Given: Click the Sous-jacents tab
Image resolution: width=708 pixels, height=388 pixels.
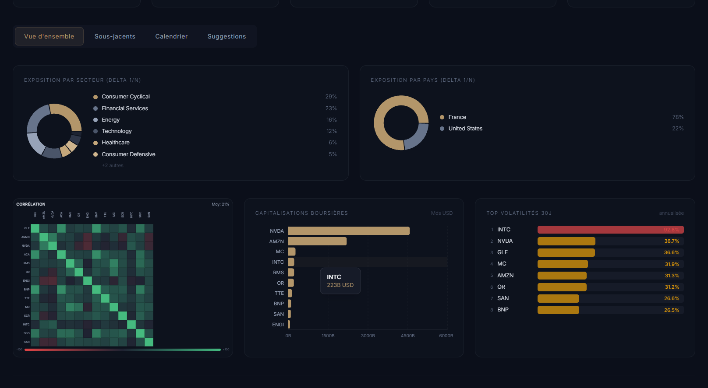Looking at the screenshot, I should (x=115, y=36).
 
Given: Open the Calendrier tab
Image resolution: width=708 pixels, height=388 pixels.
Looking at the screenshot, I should (x=171, y=36).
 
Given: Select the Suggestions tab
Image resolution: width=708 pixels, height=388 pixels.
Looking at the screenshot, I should (x=227, y=36).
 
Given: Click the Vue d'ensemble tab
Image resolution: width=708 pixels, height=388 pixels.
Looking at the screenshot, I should (x=49, y=36).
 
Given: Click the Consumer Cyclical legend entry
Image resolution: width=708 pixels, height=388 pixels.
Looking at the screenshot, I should (x=125, y=97).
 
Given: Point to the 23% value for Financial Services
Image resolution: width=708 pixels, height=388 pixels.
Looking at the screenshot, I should (x=331, y=108).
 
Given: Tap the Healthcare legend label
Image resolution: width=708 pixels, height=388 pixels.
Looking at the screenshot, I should (x=115, y=143).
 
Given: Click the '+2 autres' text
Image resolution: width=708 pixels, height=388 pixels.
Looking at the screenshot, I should (x=113, y=165).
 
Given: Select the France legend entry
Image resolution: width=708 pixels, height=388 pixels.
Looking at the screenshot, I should (x=457, y=117).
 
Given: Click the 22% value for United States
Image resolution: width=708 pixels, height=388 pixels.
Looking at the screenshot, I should (x=677, y=129).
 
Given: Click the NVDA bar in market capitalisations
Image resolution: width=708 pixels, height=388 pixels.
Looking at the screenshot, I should (x=349, y=231).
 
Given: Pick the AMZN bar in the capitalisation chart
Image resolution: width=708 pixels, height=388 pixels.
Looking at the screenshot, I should (x=317, y=241).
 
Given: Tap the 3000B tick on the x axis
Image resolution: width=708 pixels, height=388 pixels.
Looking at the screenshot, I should (x=368, y=336).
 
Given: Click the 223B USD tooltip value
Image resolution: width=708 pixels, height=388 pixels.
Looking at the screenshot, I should (x=340, y=285).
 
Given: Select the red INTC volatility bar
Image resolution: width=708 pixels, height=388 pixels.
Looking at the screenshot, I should (x=610, y=230).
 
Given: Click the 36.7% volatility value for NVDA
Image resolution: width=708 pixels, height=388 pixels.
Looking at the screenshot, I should (x=671, y=241).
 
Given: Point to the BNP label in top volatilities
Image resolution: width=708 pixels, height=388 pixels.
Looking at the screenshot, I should (x=503, y=310).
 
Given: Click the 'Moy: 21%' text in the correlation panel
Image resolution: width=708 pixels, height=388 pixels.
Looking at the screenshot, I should (x=220, y=204).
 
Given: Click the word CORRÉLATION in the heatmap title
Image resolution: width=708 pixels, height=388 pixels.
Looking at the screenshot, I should (x=31, y=204).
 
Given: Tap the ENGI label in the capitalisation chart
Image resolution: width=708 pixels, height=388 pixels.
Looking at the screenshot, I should (x=278, y=325).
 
